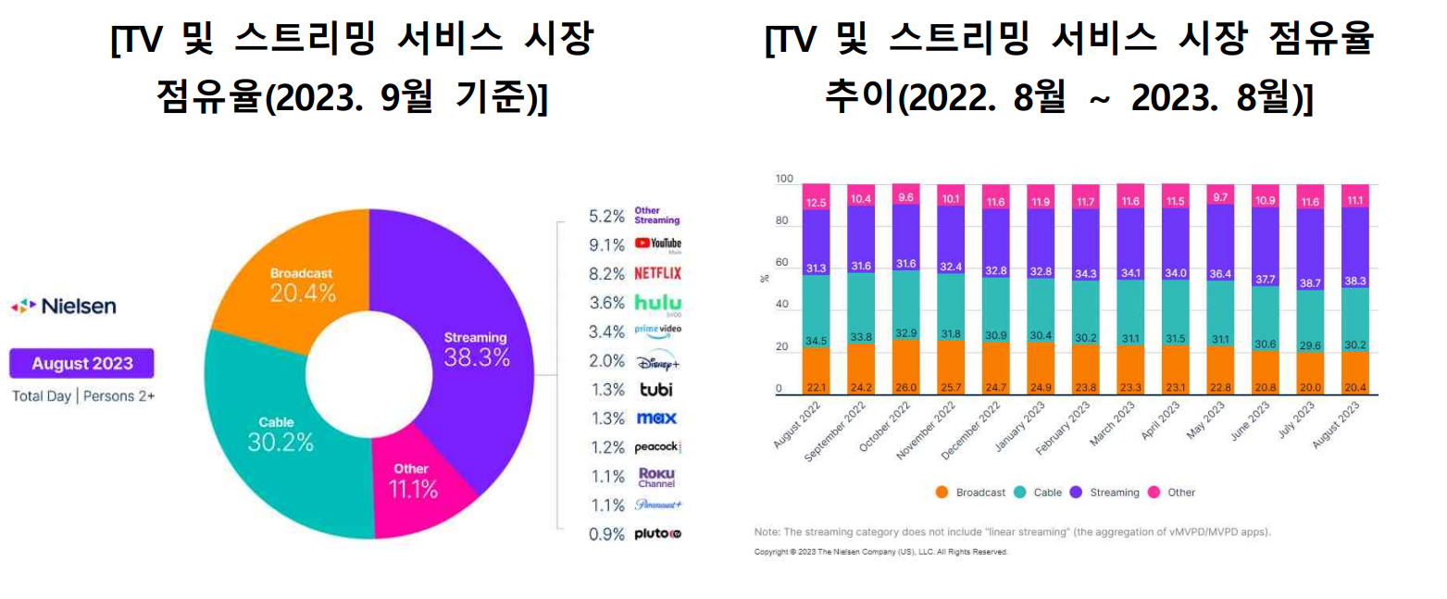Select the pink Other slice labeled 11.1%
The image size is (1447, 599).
[413, 481]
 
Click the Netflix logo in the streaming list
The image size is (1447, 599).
[657, 273]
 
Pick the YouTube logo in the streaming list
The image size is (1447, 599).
[657, 244]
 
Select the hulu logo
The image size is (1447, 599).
[657, 302]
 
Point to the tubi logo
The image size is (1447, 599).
[657, 389]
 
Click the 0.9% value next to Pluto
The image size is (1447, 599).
[606, 534]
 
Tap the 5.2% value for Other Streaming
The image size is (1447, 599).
[606, 217]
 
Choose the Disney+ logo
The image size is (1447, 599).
[657, 361]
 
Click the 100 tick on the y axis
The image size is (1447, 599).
[783, 179]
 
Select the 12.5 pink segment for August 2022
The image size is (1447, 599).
[816, 202]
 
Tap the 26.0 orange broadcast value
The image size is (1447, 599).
[905, 388]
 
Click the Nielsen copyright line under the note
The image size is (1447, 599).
[880, 552]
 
